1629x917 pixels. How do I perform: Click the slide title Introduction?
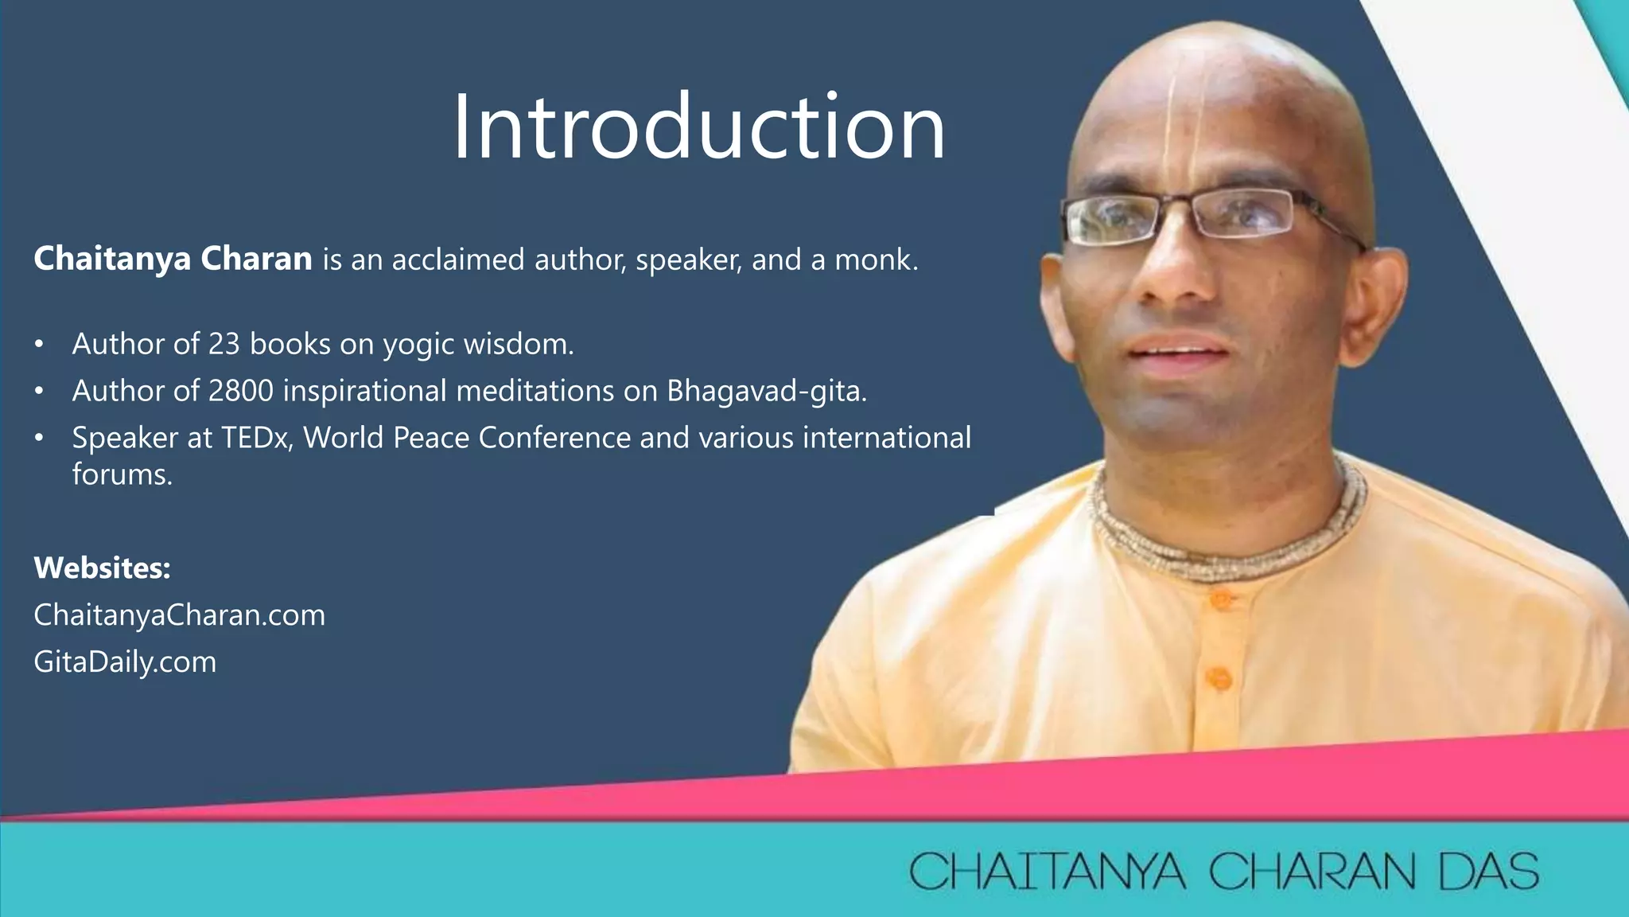point(699,127)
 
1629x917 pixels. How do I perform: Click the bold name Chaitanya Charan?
point(173,259)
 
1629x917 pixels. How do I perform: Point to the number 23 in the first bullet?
point(224,344)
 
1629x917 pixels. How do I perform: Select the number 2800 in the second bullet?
point(240,391)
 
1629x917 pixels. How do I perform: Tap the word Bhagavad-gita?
point(765,391)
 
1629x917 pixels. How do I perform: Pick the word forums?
point(122,474)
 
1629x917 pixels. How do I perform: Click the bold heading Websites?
point(102,568)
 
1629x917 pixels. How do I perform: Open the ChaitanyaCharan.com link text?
point(179,615)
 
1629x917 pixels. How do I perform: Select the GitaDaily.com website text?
point(125,661)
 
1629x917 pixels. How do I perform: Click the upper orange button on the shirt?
point(1219,599)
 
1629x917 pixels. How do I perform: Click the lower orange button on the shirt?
point(1218,678)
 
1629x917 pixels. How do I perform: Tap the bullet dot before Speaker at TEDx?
point(39,439)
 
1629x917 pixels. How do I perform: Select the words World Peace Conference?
point(467,438)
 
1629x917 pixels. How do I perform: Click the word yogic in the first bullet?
point(418,345)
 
